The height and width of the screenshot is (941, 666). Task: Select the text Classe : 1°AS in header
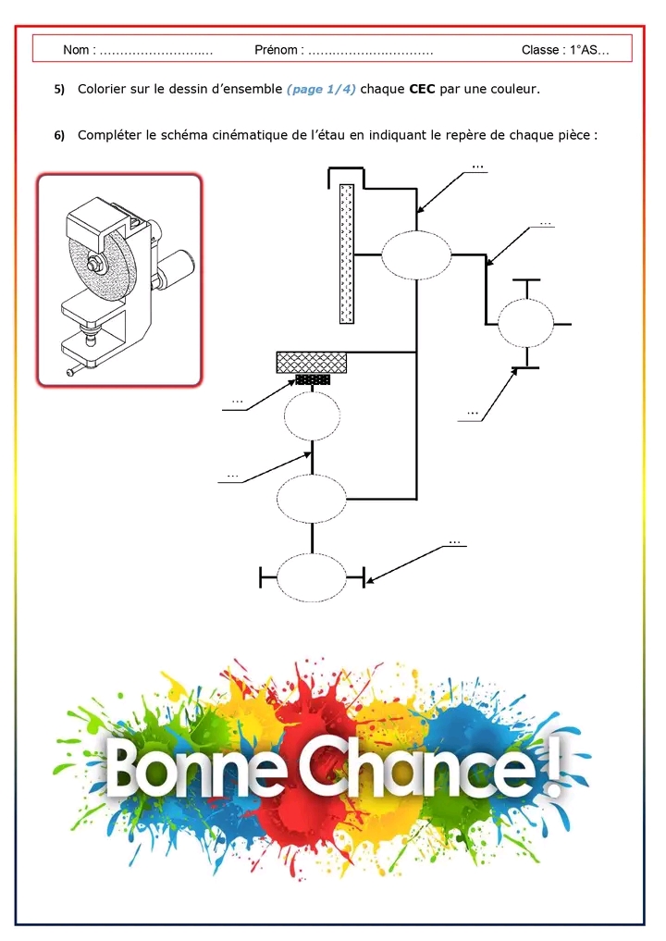click(x=563, y=50)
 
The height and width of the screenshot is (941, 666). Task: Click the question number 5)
click(x=59, y=90)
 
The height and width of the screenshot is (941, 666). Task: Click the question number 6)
click(x=59, y=135)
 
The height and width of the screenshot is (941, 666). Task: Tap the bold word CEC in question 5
click(x=422, y=90)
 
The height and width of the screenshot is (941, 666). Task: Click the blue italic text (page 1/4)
click(x=321, y=90)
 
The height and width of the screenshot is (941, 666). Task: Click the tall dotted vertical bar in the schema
click(x=347, y=253)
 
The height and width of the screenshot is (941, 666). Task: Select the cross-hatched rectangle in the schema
click(x=312, y=363)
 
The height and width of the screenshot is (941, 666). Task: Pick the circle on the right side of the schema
click(x=525, y=324)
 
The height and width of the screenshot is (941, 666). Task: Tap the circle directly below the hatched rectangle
click(x=312, y=416)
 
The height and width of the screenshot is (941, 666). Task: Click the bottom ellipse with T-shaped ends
click(x=312, y=578)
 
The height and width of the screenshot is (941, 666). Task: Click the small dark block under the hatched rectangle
click(x=313, y=379)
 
